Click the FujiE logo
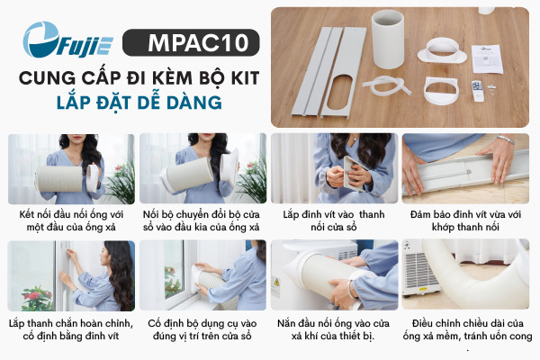tap(67, 40)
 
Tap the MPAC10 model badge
tap(191, 42)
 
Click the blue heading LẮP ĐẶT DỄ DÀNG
tap(139, 103)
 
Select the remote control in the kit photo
tap(478, 91)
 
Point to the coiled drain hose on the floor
tap(386, 86)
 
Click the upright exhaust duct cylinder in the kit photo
tap(388, 40)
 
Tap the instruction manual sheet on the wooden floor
tap(487, 58)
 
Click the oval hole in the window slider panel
tap(340, 93)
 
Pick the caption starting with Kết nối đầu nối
tap(71, 220)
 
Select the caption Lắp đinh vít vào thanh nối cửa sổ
tap(334, 220)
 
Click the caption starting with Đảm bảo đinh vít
tap(465, 220)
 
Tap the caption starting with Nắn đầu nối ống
tap(333, 329)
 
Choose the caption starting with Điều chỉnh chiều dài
tap(467, 329)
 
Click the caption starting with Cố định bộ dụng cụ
tap(202, 329)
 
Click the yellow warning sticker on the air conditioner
tap(276, 283)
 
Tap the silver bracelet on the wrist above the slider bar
tap(506, 139)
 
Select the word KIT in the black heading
tap(245, 78)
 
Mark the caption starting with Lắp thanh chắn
tap(71, 329)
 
